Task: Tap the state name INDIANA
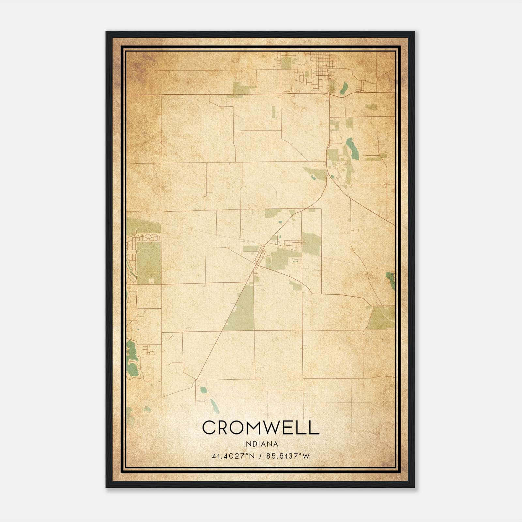point(260,444)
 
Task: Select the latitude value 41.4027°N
point(232,456)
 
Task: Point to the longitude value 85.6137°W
point(288,456)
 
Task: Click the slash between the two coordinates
point(260,456)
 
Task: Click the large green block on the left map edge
point(148,263)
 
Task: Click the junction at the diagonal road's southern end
point(196,380)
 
